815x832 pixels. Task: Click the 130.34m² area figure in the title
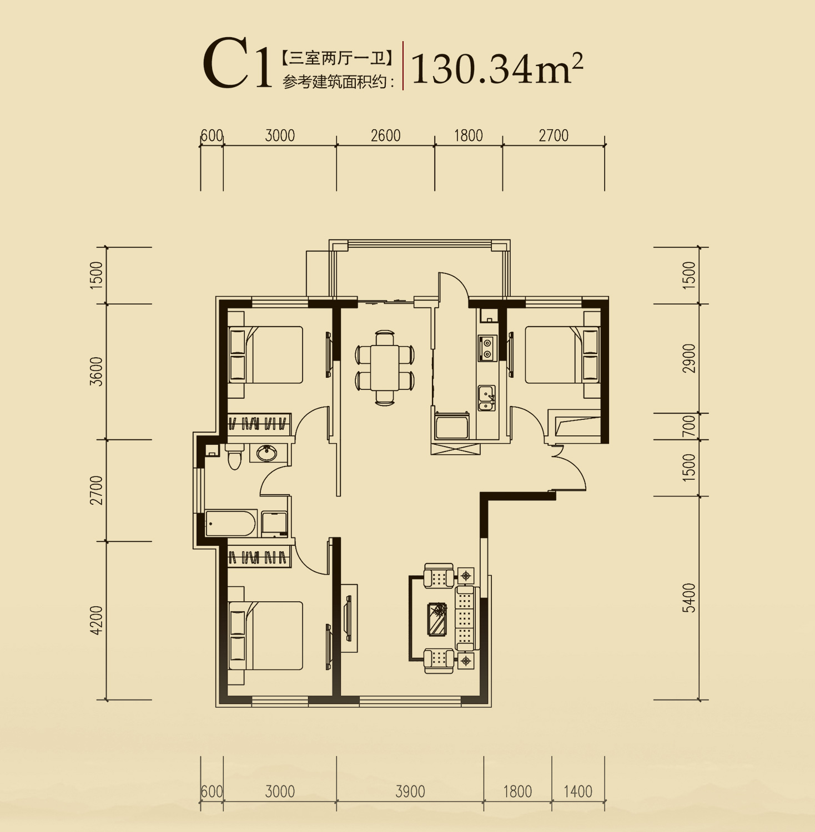[497, 68]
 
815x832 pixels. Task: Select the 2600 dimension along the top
[386, 135]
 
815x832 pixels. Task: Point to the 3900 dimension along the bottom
[410, 792]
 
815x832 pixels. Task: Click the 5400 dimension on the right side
[689, 597]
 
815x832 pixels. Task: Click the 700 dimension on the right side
[689, 426]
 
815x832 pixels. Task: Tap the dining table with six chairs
[385, 368]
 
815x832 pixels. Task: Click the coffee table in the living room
[439, 619]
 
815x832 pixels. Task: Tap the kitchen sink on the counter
[486, 398]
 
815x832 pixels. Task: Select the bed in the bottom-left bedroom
[266, 636]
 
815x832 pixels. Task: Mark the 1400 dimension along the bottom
[578, 792]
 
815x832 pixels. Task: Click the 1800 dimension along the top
[469, 135]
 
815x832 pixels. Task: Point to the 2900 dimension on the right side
[689, 358]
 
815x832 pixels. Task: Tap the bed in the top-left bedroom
[266, 354]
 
